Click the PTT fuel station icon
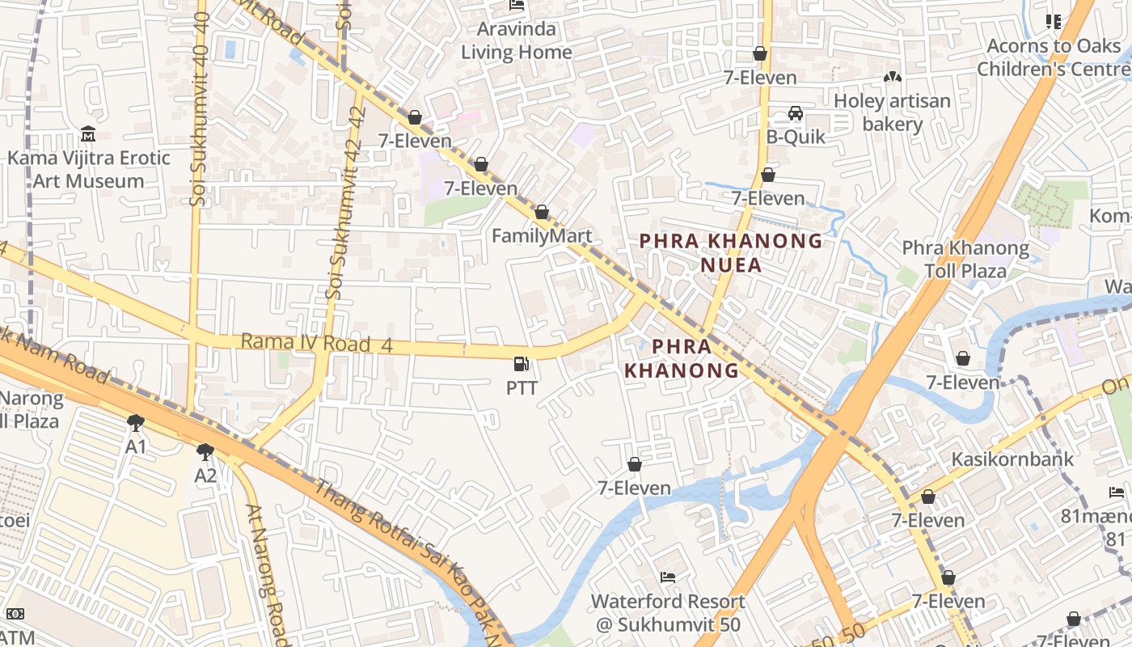[x=522, y=365]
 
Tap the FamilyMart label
[x=542, y=236]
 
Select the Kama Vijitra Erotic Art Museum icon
[x=88, y=133]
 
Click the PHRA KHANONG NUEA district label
[x=731, y=252]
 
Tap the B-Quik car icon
[x=796, y=113]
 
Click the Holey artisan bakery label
[x=893, y=112]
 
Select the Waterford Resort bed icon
[x=668, y=577]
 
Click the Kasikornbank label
[x=1012, y=459]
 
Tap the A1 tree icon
[x=136, y=423]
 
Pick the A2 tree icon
[x=205, y=452]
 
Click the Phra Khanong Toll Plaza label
[x=965, y=259]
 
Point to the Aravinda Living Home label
[x=517, y=40]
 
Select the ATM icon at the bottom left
[x=15, y=615]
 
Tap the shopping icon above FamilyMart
[x=542, y=213]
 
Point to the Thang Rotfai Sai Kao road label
[x=404, y=558]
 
